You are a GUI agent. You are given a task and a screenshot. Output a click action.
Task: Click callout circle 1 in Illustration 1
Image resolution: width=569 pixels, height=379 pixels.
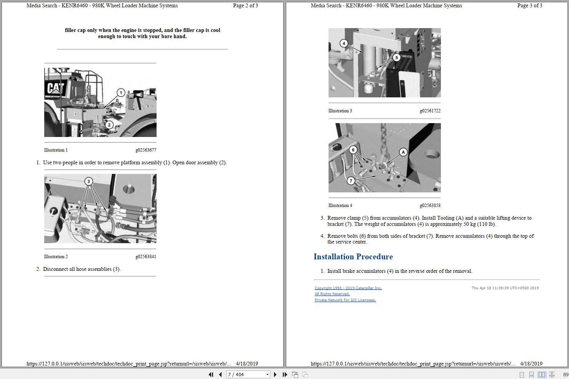point(121,93)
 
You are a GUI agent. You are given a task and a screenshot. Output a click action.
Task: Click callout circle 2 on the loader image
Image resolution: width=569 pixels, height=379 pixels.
point(109,125)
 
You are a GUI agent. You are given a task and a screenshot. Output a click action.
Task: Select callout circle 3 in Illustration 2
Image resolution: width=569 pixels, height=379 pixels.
point(89,181)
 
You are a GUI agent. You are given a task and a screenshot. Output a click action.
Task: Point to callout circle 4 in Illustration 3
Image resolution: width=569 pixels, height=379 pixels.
point(344,43)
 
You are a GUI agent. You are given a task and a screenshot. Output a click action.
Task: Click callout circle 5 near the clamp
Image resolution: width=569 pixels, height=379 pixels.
point(397,57)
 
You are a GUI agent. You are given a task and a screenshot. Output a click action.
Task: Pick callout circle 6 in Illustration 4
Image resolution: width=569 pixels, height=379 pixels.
point(353,150)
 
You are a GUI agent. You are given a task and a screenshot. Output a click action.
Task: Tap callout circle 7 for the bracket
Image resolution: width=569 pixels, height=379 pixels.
point(350,180)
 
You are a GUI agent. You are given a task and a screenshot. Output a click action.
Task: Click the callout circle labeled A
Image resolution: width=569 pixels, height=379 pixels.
point(403,152)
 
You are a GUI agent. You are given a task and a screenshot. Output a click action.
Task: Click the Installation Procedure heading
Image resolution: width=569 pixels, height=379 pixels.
point(353,257)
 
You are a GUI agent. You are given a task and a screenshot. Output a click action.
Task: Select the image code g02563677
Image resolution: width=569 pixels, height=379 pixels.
point(146,150)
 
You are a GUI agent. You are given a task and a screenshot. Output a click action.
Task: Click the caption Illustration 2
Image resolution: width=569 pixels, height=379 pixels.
point(56,257)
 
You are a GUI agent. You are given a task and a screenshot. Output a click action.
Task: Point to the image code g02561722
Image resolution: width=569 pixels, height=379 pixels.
point(430,111)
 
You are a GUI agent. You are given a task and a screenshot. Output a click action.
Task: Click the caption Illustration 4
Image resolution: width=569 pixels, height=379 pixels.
point(340,205)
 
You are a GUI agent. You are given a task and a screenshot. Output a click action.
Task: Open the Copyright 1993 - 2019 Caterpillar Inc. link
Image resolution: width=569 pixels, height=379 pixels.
point(348,288)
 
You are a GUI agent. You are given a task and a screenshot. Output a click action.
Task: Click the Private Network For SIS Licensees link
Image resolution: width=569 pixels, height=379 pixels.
point(345,300)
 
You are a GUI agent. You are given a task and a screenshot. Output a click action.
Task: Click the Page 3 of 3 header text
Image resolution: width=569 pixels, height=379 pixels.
point(529,5)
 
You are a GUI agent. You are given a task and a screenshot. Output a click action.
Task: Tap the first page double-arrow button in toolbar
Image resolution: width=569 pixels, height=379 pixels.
point(211,374)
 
